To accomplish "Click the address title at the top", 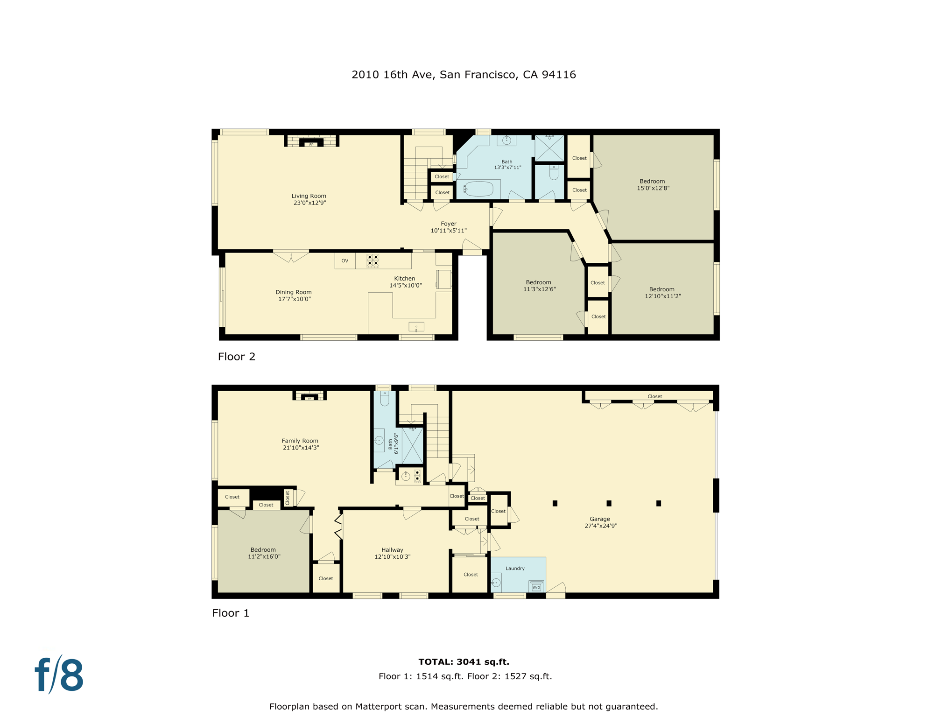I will [464, 75].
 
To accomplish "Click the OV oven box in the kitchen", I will [345, 261].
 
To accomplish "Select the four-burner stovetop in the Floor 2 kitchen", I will [373, 260].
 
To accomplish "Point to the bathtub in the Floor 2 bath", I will [478, 189].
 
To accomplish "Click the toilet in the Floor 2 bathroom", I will [554, 173].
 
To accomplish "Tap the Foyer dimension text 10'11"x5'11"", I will [449, 231].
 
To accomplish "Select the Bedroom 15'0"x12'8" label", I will [653, 184].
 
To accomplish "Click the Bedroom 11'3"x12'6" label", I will [539, 286].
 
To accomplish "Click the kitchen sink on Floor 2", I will [416, 327].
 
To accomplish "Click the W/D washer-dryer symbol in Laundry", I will [536, 586].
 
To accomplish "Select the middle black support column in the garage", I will [609, 503].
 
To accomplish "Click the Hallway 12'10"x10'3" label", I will [392, 553].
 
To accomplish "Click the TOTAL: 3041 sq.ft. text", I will [464, 661].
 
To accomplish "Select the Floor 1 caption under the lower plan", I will [231, 613].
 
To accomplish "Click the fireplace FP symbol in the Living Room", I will [311, 144].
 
